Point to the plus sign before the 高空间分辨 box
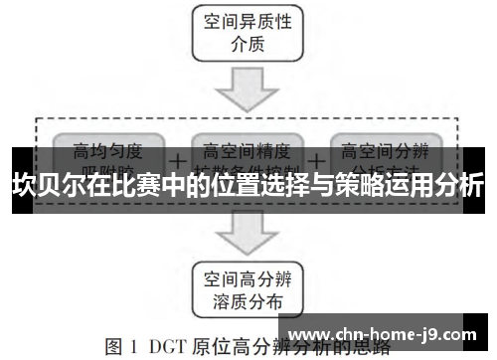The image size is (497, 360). click(316, 159)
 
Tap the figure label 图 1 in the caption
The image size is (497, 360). click(123, 347)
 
